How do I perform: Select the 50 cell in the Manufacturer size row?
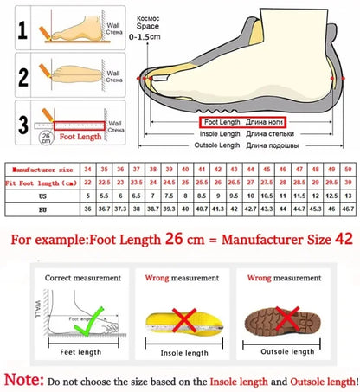pyautogui.click(x=347, y=169)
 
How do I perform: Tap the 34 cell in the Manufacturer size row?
pyautogui.click(x=87, y=169)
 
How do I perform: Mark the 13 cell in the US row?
pyautogui.click(x=347, y=197)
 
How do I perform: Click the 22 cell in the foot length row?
pyautogui.click(x=87, y=183)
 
